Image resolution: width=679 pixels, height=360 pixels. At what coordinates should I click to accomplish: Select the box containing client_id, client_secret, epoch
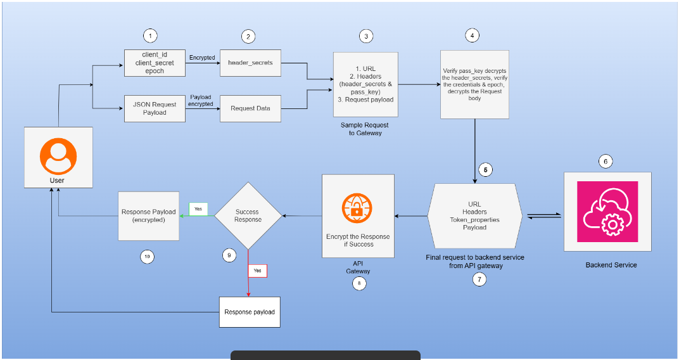154,63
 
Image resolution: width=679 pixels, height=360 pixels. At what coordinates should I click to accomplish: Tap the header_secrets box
250,63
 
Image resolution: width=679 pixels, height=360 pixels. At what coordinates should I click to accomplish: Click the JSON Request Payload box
154,108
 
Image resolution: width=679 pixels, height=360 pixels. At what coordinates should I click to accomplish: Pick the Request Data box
250,108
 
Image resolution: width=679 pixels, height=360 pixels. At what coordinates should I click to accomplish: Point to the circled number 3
365,36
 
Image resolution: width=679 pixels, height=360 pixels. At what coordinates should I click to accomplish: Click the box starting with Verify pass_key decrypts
475,84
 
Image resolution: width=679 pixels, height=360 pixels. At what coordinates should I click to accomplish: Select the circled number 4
471,35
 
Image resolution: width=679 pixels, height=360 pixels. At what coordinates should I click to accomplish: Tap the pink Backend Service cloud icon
607,211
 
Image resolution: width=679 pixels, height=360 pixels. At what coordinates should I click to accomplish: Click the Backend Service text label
611,265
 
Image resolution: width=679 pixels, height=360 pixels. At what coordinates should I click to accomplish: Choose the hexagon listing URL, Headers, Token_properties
474,216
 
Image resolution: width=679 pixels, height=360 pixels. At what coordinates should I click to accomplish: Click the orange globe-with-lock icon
358,209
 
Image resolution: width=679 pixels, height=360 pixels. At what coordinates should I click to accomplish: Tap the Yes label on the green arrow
198,209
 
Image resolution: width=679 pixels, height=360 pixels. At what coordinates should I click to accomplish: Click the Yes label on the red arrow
257,271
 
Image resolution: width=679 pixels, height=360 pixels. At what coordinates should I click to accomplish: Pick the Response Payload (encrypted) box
148,216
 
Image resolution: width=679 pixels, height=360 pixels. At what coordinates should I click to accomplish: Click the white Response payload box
250,312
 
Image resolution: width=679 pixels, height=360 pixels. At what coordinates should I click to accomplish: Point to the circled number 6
606,162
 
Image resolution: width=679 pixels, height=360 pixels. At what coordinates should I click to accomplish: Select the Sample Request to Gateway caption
365,129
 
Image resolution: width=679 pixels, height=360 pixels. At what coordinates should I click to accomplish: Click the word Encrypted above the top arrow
202,57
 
